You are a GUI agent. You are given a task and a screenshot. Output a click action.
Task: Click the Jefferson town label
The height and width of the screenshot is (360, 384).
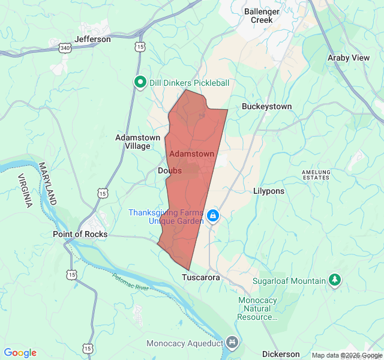pos(93,39)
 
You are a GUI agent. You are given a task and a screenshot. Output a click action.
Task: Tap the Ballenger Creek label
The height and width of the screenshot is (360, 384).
pos(262,16)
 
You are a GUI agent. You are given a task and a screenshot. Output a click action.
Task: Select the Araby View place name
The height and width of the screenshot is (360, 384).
pos(348,58)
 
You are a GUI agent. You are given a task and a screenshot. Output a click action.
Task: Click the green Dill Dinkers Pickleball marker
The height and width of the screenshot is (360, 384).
pos(140,82)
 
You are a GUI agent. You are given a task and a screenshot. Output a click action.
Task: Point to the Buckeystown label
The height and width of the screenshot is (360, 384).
pos(266,106)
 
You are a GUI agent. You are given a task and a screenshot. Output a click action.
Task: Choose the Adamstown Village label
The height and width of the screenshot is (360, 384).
pos(137,142)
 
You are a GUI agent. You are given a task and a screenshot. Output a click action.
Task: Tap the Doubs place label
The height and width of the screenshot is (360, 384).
pos(169,171)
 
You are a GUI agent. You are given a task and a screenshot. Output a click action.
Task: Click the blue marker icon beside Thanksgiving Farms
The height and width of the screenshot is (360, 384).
pos(212,215)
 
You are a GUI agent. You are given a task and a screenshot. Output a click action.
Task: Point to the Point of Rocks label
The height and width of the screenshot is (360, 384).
pos(80,234)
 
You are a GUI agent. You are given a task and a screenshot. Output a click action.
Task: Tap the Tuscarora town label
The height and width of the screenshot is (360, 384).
pos(201,278)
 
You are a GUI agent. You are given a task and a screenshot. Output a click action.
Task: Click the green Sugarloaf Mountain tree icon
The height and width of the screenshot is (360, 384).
pos(335,280)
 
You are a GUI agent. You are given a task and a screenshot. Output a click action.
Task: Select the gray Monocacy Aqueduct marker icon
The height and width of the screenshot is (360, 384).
pos(232,343)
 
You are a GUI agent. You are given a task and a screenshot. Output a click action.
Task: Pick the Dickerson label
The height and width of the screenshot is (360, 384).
pos(281,354)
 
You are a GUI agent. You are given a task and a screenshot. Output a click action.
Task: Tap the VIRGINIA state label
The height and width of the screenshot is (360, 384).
pos(25,190)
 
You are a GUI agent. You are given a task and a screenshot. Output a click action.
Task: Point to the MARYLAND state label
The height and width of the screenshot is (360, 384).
pos(49,183)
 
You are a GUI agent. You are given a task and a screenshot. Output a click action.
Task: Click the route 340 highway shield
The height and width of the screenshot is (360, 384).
pos(66,46)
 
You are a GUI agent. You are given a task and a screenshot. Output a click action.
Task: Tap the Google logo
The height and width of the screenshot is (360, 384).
pos(20,353)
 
